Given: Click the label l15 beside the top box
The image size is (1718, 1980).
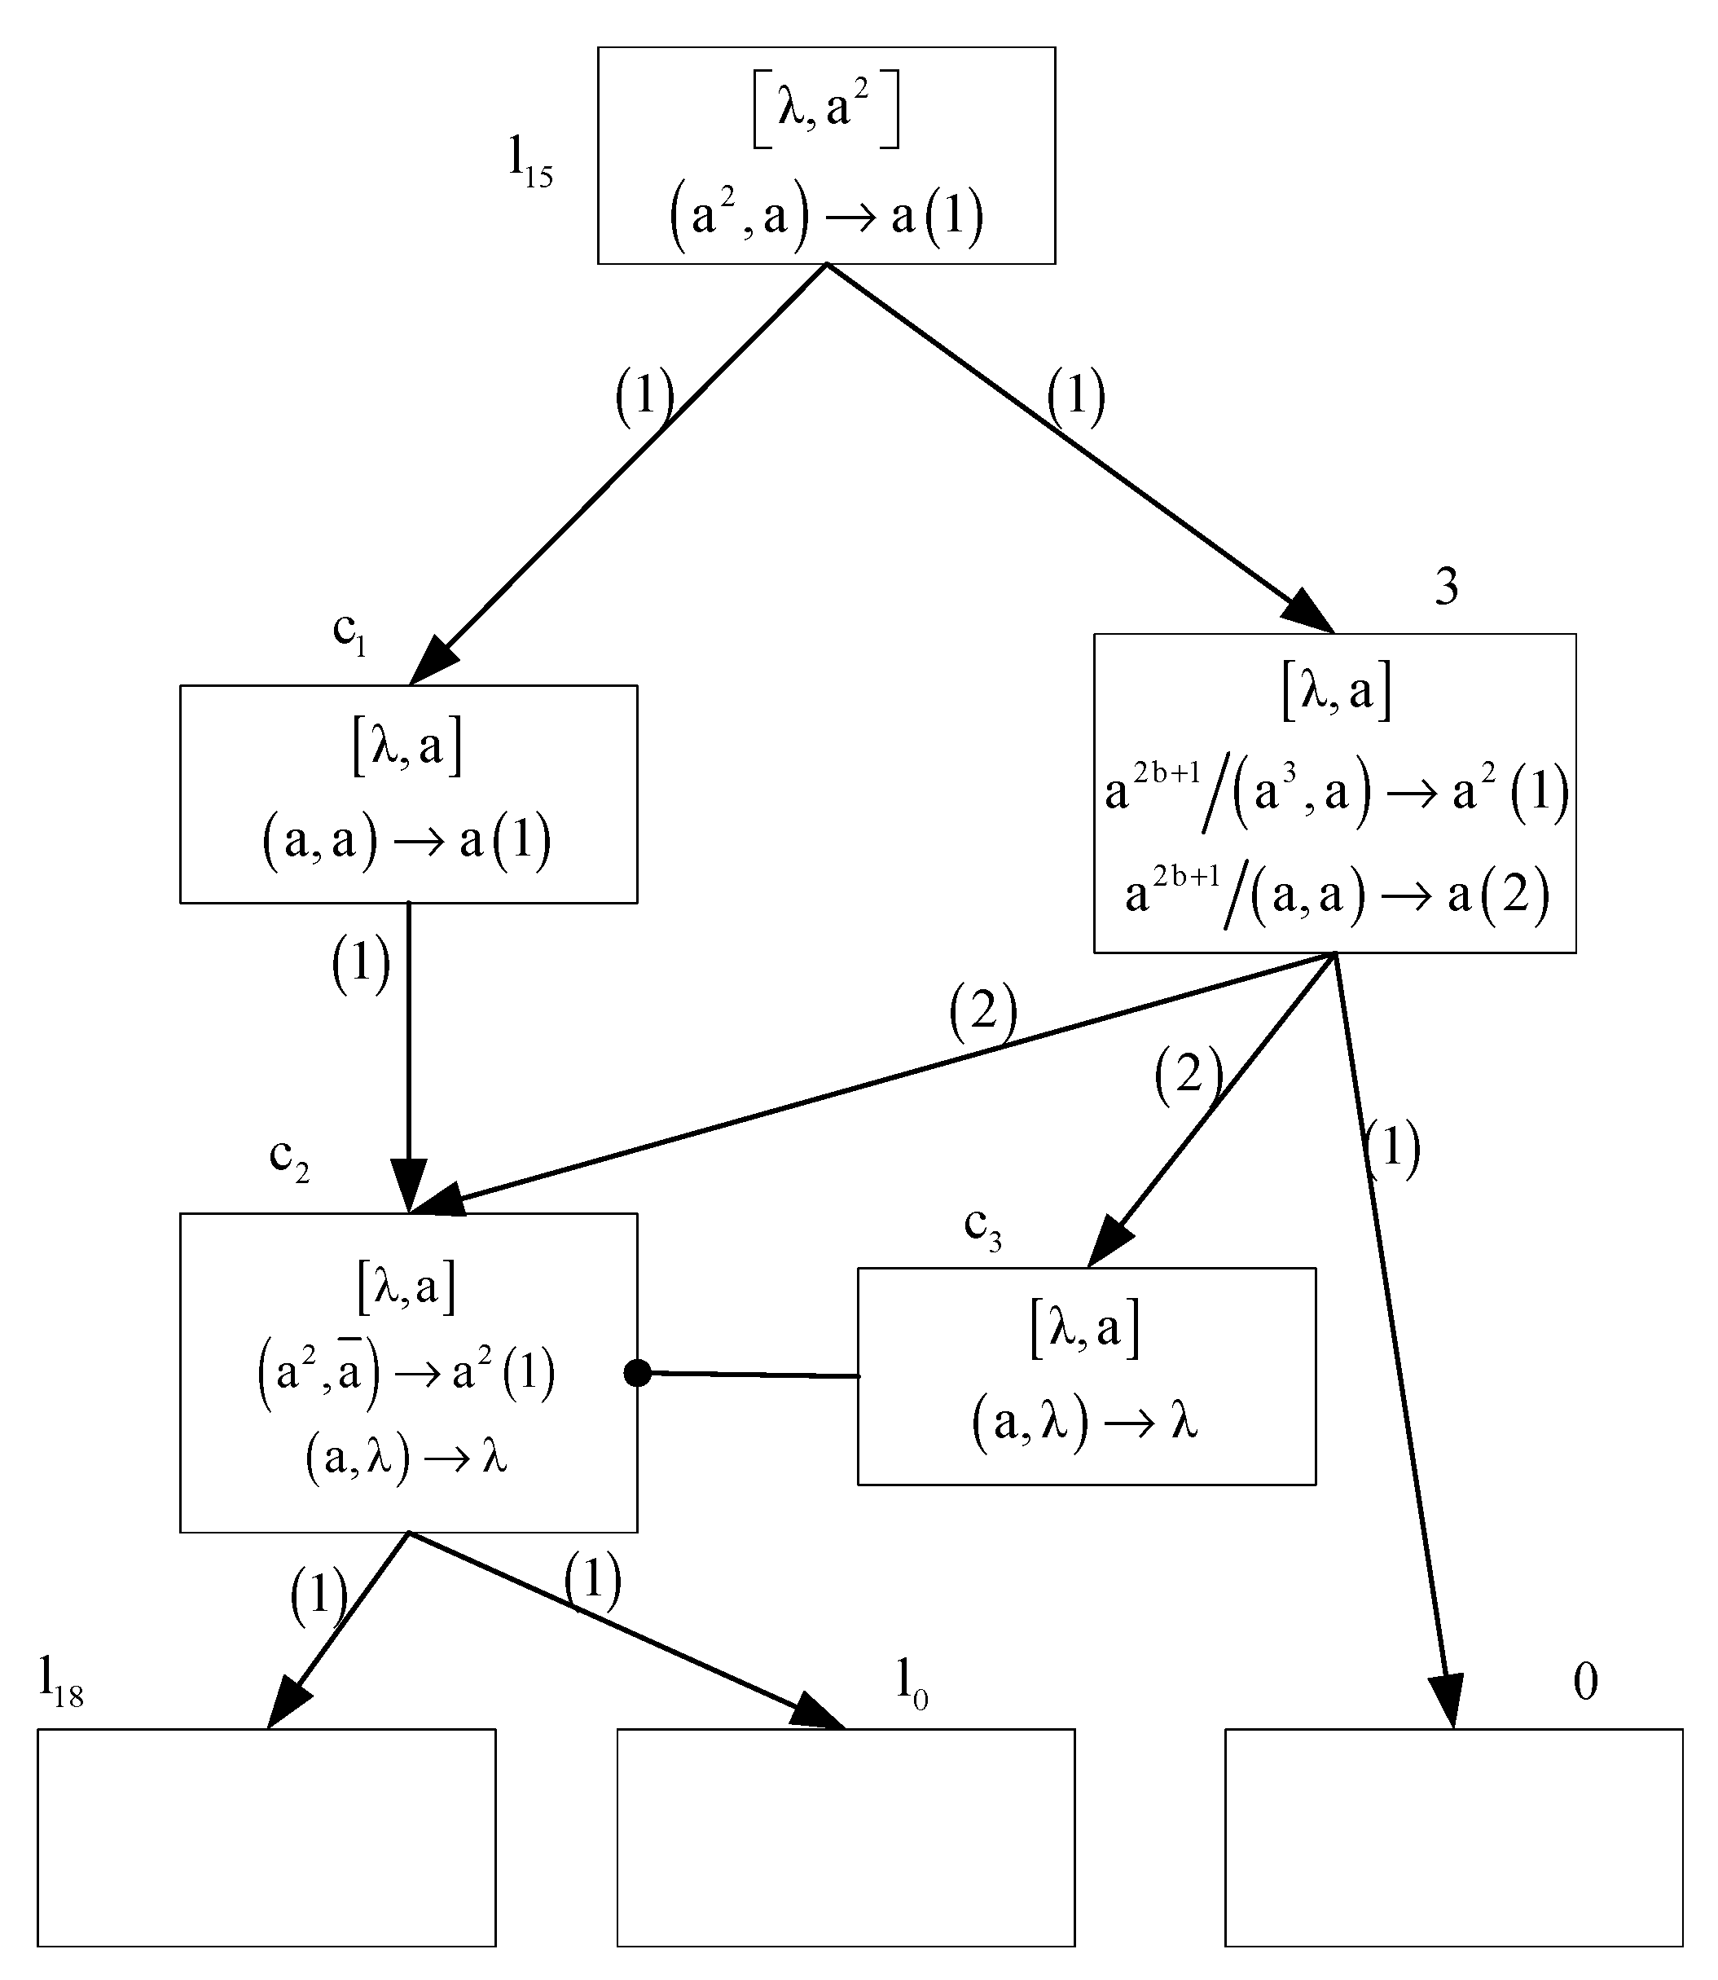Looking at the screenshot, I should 530,162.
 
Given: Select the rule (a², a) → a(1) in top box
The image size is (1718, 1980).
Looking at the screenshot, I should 825,216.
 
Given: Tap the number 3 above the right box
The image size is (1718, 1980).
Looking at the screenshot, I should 1447,587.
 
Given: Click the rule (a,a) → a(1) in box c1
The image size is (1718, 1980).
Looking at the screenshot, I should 407,842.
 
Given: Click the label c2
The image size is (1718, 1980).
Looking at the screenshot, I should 288,1159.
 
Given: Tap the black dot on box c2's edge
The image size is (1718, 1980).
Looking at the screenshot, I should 638,1373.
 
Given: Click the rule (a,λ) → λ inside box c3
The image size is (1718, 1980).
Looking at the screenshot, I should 1085,1422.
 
